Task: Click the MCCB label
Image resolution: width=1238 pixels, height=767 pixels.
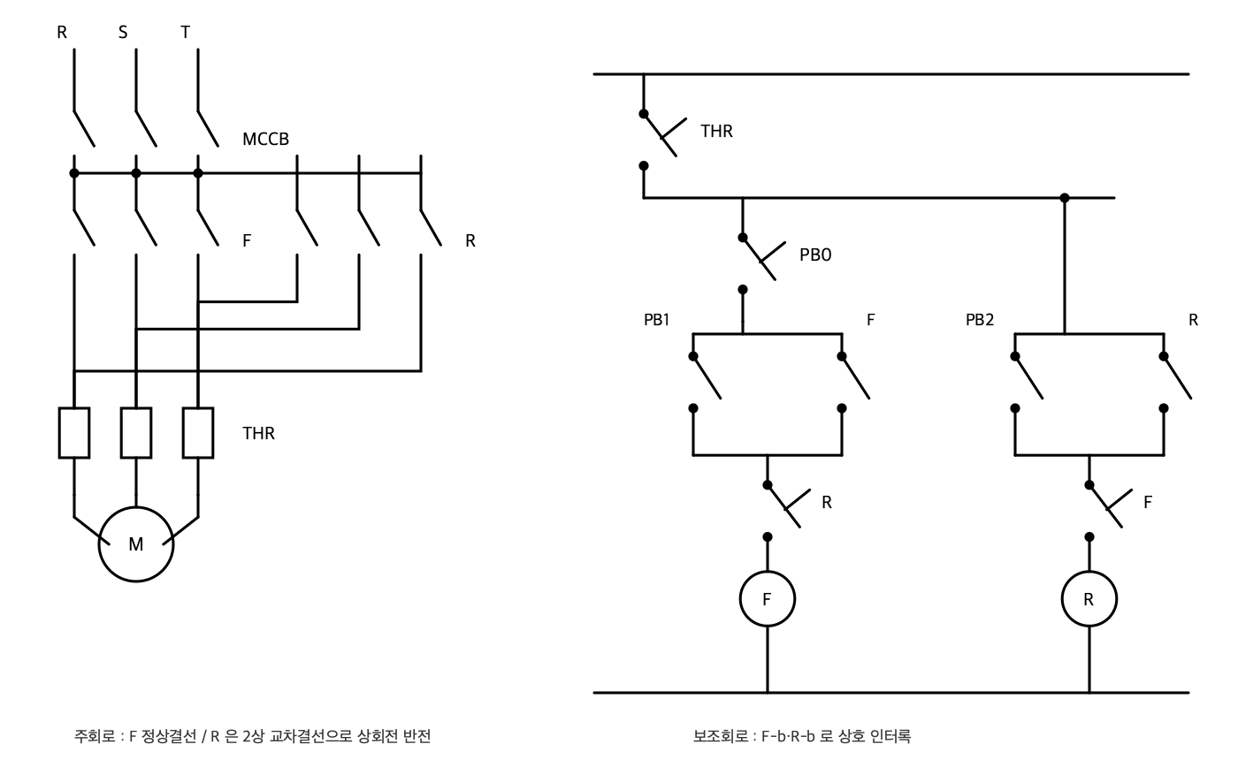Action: point(265,139)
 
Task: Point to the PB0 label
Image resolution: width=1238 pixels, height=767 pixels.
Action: point(815,254)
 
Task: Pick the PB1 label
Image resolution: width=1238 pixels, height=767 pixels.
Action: point(656,320)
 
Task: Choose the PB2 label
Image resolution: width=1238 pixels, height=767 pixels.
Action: point(980,320)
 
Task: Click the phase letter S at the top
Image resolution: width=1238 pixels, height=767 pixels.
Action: point(123,33)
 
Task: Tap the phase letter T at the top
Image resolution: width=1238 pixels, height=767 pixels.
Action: point(185,33)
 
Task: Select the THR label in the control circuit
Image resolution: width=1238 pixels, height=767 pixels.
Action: point(716,131)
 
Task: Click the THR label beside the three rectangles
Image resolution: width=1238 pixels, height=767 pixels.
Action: point(258,433)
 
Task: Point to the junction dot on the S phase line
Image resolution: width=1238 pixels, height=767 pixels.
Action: point(136,173)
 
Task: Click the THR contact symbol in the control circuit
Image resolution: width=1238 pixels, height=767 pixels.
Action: point(661,136)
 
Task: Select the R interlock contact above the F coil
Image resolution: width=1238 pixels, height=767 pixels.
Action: point(785,507)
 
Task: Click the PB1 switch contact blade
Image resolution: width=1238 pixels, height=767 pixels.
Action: point(707,377)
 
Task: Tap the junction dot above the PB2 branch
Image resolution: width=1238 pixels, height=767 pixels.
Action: point(1065,198)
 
